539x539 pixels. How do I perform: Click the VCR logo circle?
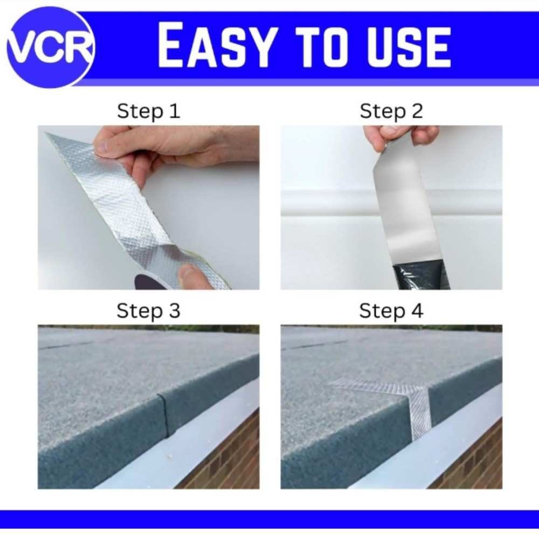point(50,47)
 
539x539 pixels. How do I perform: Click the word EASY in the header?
point(217,45)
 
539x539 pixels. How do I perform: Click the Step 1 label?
point(149,111)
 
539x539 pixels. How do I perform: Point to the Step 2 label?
point(391,111)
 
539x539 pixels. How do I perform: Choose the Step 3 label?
point(149,310)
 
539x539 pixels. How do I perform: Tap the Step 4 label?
point(391,310)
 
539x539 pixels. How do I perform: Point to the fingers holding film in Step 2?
point(401,137)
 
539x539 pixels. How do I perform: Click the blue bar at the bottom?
point(269,520)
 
